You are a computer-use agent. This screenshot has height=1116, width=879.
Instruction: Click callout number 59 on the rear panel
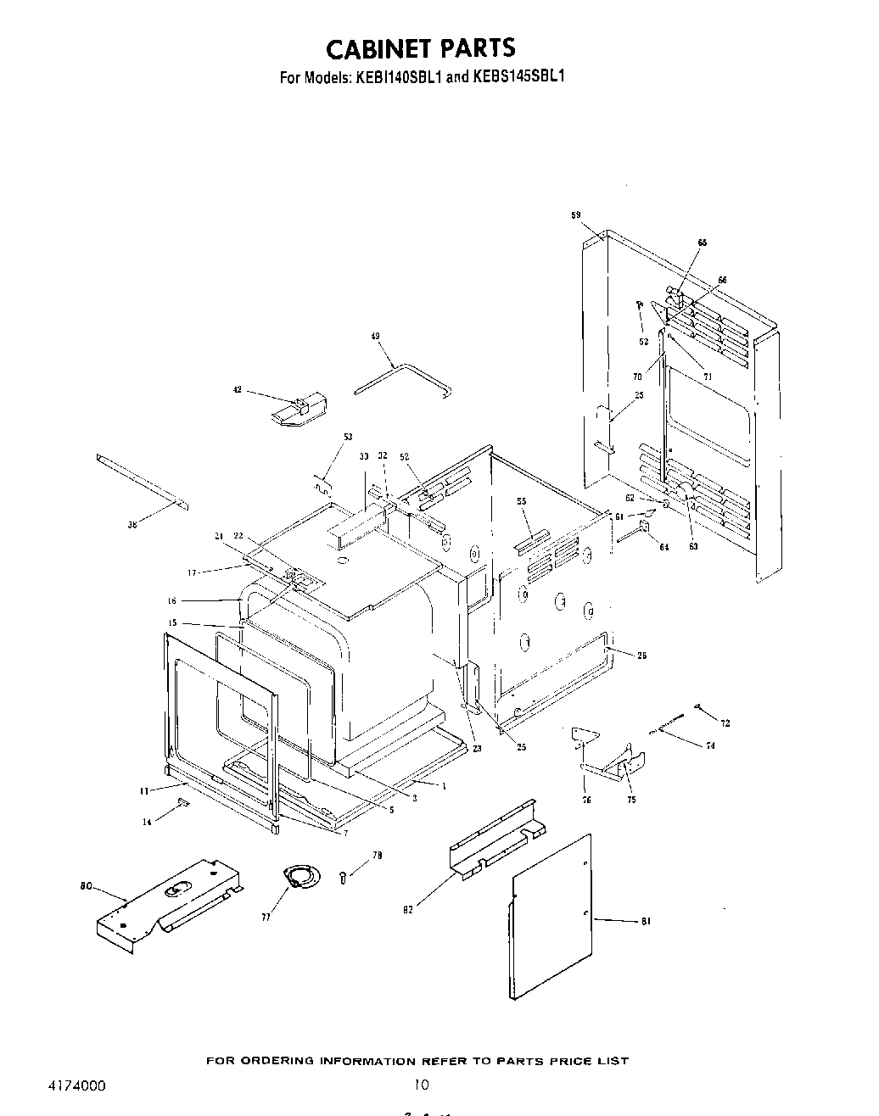click(575, 215)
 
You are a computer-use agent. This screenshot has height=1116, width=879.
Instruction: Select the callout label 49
click(376, 337)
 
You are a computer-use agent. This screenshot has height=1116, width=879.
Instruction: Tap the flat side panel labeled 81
click(551, 916)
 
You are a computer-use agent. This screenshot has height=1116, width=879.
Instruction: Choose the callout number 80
click(85, 888)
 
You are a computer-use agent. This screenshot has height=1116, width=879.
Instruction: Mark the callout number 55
click(522, 502)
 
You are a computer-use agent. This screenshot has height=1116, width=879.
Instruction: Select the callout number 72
click(725, 723)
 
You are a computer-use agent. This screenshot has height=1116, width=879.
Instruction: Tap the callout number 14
click(147, 822)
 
